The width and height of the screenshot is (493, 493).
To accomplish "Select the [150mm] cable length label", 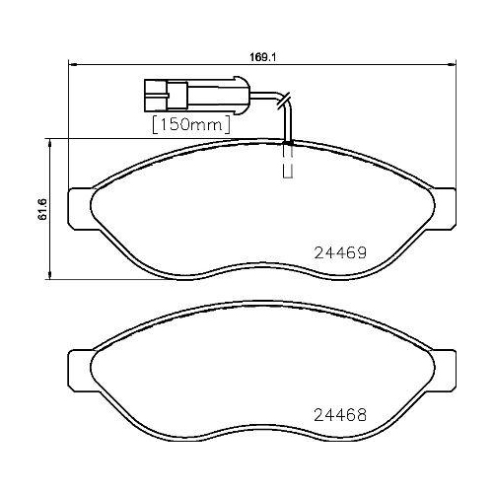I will (190, 125).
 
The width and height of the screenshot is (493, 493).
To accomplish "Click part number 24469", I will (339, 251).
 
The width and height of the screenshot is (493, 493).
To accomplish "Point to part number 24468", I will (339, 414).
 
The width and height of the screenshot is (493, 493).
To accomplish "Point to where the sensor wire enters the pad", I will (289, 144).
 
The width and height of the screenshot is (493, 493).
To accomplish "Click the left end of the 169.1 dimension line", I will (67, 66).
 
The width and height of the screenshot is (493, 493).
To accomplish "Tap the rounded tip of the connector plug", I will (237, 96).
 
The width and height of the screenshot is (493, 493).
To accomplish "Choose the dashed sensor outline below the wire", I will (289, 169).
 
